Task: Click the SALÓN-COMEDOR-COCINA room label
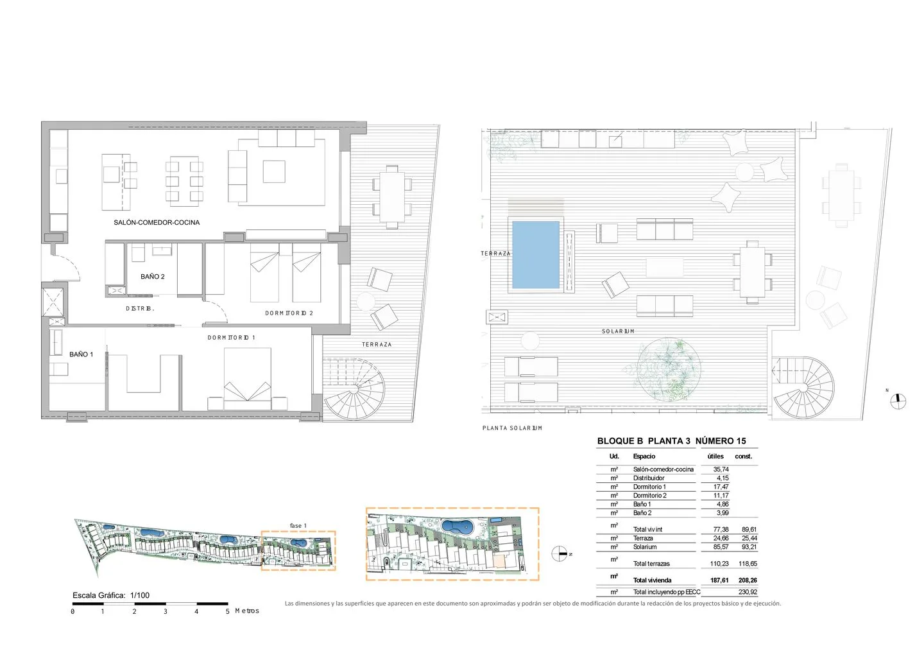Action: click(157, 222)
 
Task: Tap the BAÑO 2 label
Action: click(153, 277)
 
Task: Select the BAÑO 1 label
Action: click(81, 354)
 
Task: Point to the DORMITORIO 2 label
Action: click(289, 313)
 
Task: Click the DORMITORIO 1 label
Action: click(232, 338)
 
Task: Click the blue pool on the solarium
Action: click(536, 255)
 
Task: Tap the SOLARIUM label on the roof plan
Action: click(618, 331)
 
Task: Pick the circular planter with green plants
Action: click(668, 369)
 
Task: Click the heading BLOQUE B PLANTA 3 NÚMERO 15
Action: click(672, 441)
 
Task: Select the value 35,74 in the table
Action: click(721, 469)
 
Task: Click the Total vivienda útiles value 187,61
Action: click(719, 580)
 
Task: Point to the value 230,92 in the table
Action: click(748, 592)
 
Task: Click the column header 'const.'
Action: click(743, 457)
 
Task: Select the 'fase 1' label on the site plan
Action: click(298, 526)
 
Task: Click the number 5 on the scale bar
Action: click(227, 611)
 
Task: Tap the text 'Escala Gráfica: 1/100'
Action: click(111, 596)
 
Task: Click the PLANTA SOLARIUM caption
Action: click(512, 428)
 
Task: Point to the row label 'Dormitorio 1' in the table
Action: click(649, 487)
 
